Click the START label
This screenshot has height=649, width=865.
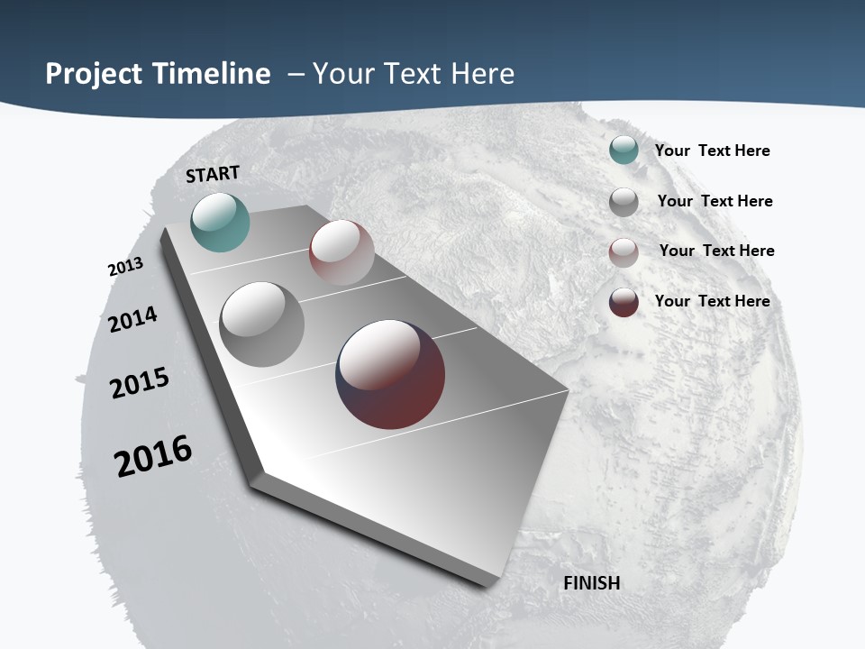(213, 174)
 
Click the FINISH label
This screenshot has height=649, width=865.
(592, 583)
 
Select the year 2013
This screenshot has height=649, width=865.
(125, 267)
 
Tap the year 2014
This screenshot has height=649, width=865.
(133, 319)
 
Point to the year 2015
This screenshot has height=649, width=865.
(140, 383)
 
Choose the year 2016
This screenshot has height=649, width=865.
(153, 456)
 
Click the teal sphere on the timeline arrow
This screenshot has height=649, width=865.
(220, 222)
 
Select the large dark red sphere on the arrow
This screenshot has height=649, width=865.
(390, 374)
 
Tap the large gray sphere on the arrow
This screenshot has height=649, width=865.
(262, 324)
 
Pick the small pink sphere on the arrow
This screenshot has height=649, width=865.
(341, 252)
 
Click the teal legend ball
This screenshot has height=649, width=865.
(624, 151)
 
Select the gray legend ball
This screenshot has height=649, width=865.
(624, 202)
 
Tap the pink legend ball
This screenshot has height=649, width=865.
(624, 252)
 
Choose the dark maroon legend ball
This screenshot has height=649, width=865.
(624, 302)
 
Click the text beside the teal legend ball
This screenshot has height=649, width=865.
(712, 151)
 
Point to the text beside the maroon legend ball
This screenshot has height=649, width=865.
(712, 301)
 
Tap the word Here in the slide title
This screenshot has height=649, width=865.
(482, 74)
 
